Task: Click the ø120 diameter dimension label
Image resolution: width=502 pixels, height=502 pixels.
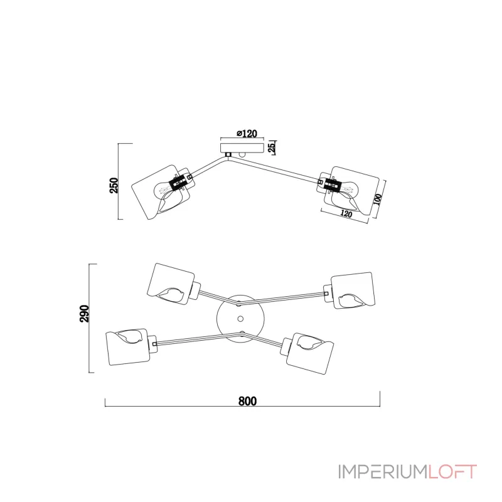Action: point(247,133)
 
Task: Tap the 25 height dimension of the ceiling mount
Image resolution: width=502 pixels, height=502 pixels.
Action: point(272,147)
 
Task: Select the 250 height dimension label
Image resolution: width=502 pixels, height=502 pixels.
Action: point(114,185)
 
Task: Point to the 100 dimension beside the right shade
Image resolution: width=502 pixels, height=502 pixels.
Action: point(378,200)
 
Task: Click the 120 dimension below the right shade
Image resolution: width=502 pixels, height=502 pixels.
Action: point(346,213)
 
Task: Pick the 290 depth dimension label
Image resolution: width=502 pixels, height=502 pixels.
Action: point(85,313)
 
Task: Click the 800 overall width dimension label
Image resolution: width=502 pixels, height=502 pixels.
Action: point(247,401)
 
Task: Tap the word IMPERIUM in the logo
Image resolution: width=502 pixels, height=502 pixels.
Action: point(383,472)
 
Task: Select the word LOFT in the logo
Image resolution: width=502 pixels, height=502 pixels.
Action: point(452,472)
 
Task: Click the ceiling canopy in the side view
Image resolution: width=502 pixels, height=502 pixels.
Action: point(242,147)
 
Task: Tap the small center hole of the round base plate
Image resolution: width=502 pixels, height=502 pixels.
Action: point(240,319)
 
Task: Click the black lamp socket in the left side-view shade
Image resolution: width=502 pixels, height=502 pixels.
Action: point(179,183)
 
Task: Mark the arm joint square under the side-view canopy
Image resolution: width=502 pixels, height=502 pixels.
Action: point(228,154)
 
